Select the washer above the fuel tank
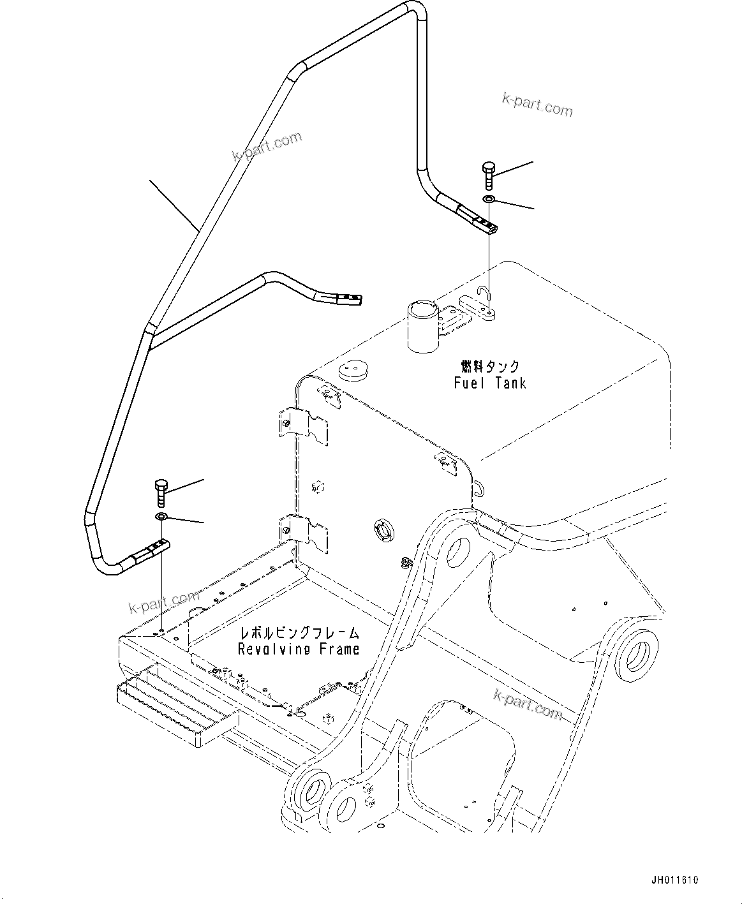[x=489, y=200]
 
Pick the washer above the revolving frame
[x=161, y=516]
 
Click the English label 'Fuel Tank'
[x=490, y=383]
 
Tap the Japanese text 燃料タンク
[x=490, y=366]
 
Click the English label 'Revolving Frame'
[x=299, y=649]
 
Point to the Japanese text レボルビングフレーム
[x=299, y=633]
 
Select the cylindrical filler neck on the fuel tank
[x=422, y=325]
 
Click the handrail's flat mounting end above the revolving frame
[x=153, y=549]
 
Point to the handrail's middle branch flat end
[x=345, y=297]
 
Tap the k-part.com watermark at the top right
[x=537, y=105]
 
